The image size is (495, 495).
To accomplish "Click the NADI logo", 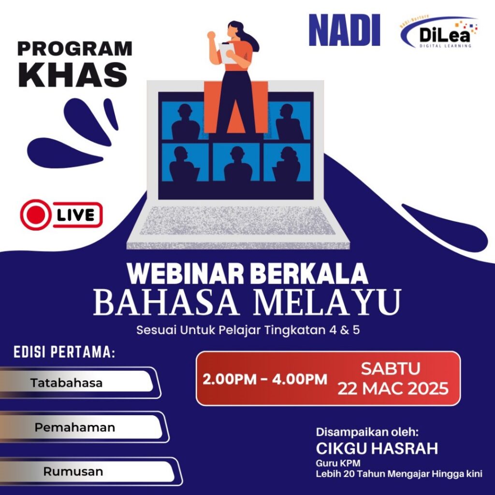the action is point(344,30).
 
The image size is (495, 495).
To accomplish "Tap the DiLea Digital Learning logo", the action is point(439,32).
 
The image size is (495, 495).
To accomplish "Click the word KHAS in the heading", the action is point(73,75).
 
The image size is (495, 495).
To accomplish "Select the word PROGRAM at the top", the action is point(75,49).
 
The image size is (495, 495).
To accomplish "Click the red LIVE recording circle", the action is point(35,215).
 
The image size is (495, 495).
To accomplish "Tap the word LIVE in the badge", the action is point(76,215).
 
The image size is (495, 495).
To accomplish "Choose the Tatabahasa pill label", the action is point(67,383).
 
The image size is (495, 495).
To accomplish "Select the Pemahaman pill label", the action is point(75,427).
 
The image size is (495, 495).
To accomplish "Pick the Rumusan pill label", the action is point(73,472).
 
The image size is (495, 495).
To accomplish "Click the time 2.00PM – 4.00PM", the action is point(264,379).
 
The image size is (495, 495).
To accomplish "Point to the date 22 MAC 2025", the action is point(393,388).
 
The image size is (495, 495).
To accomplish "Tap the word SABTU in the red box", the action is point(391,368).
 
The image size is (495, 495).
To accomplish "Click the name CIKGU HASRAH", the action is point(377,448).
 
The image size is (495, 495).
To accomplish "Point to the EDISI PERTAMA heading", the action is point(64,352).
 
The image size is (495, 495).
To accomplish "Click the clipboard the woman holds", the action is point(227,53).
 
